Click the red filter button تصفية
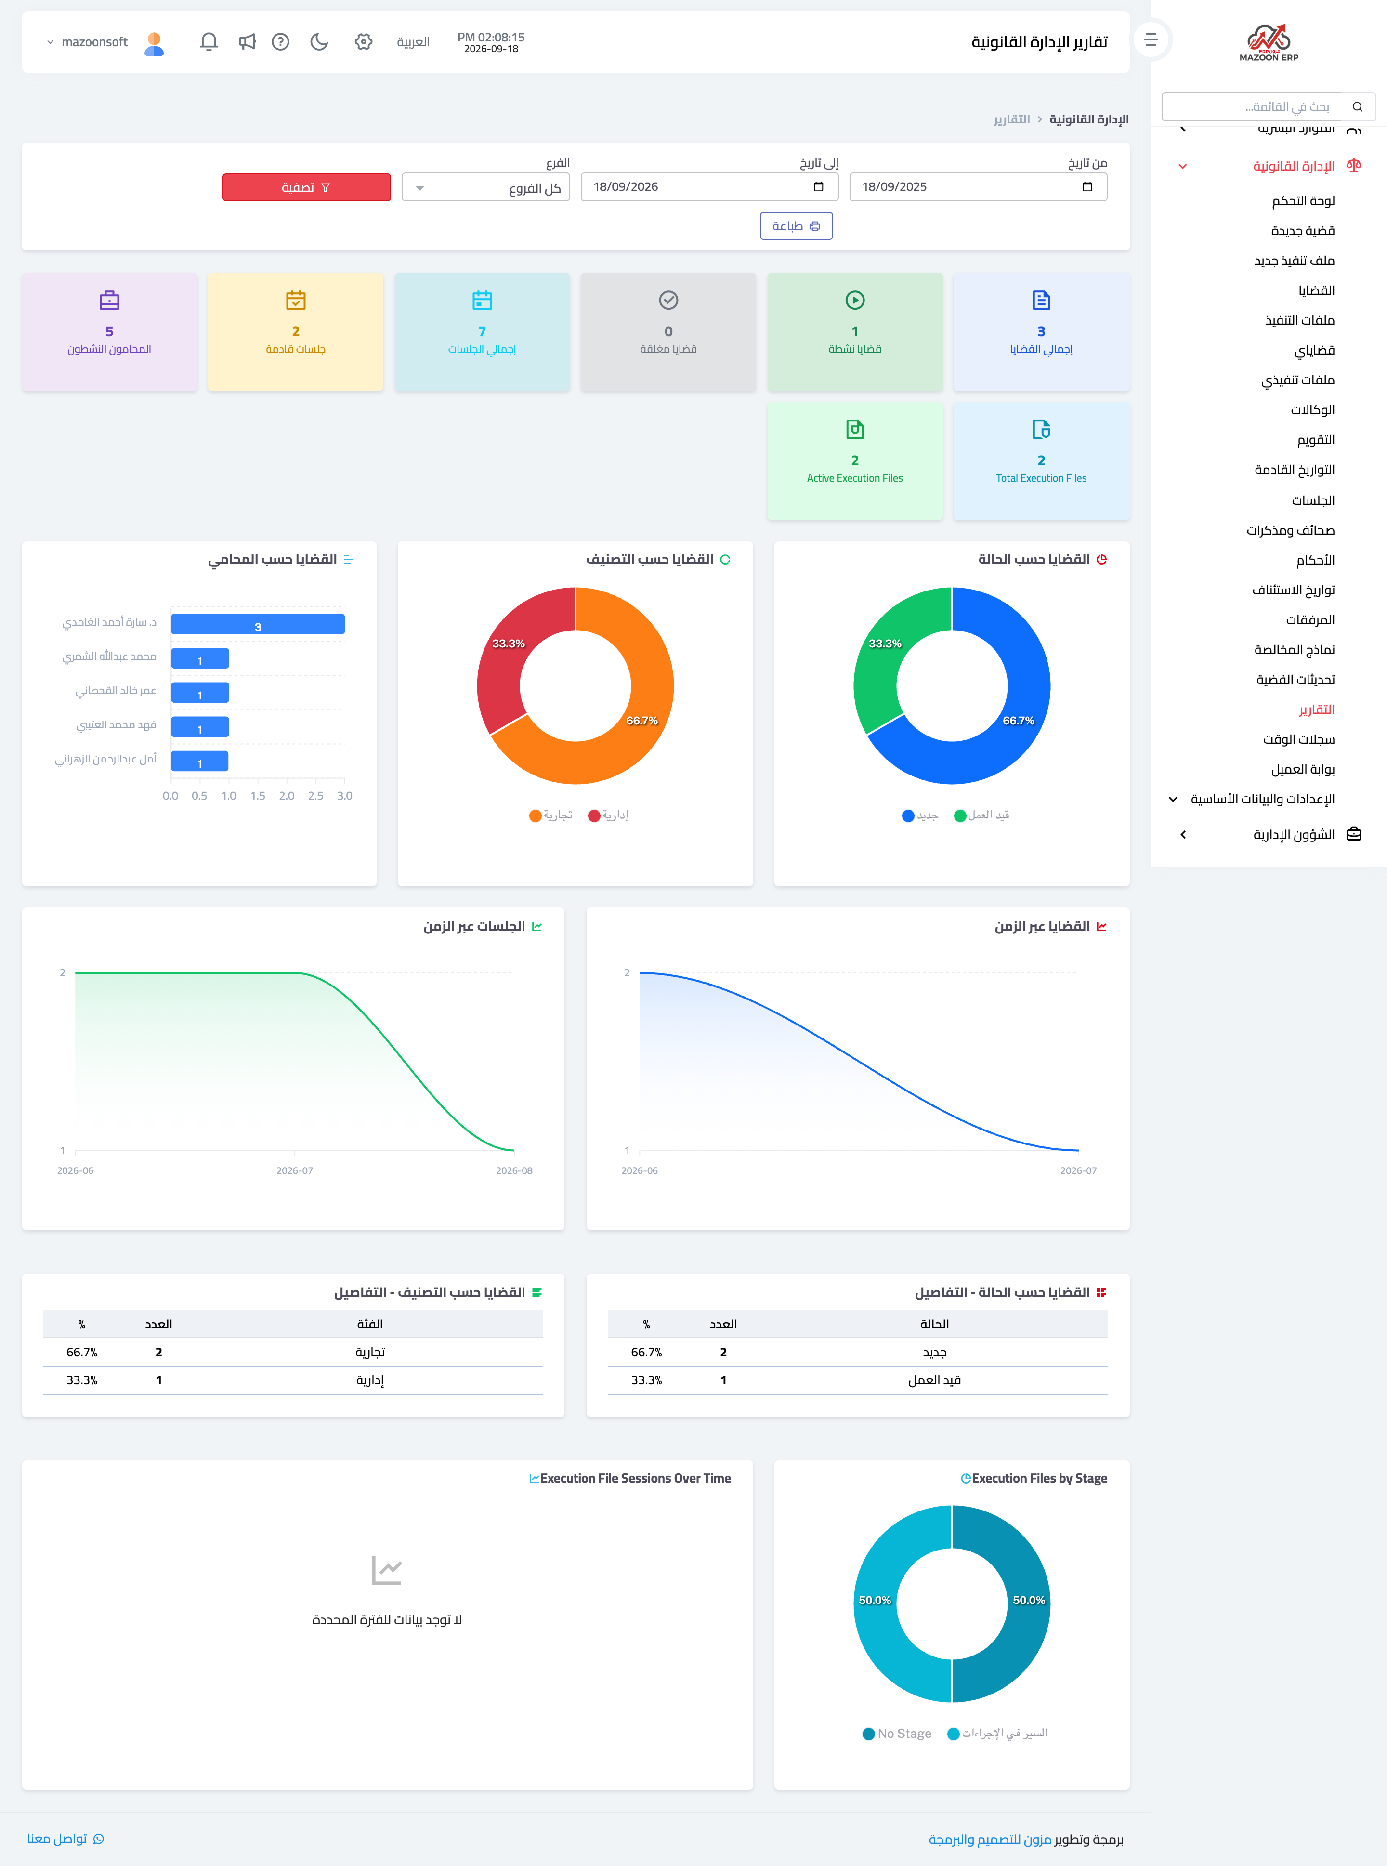tap(306, 187)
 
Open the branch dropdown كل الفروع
tap(486, 187)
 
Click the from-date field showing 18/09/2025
tap(978, 186)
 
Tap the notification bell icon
tap(209, 41)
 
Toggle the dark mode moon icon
tap(319, 41)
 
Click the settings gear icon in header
tap(364, 41)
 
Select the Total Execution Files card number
tap(1041, 460)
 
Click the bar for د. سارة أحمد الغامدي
tap(258, 624)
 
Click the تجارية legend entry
tap(551, 815)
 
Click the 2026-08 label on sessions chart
tap(514, 1170)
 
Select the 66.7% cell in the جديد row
tap(646, 1352)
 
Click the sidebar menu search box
tap(1268, 106)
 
